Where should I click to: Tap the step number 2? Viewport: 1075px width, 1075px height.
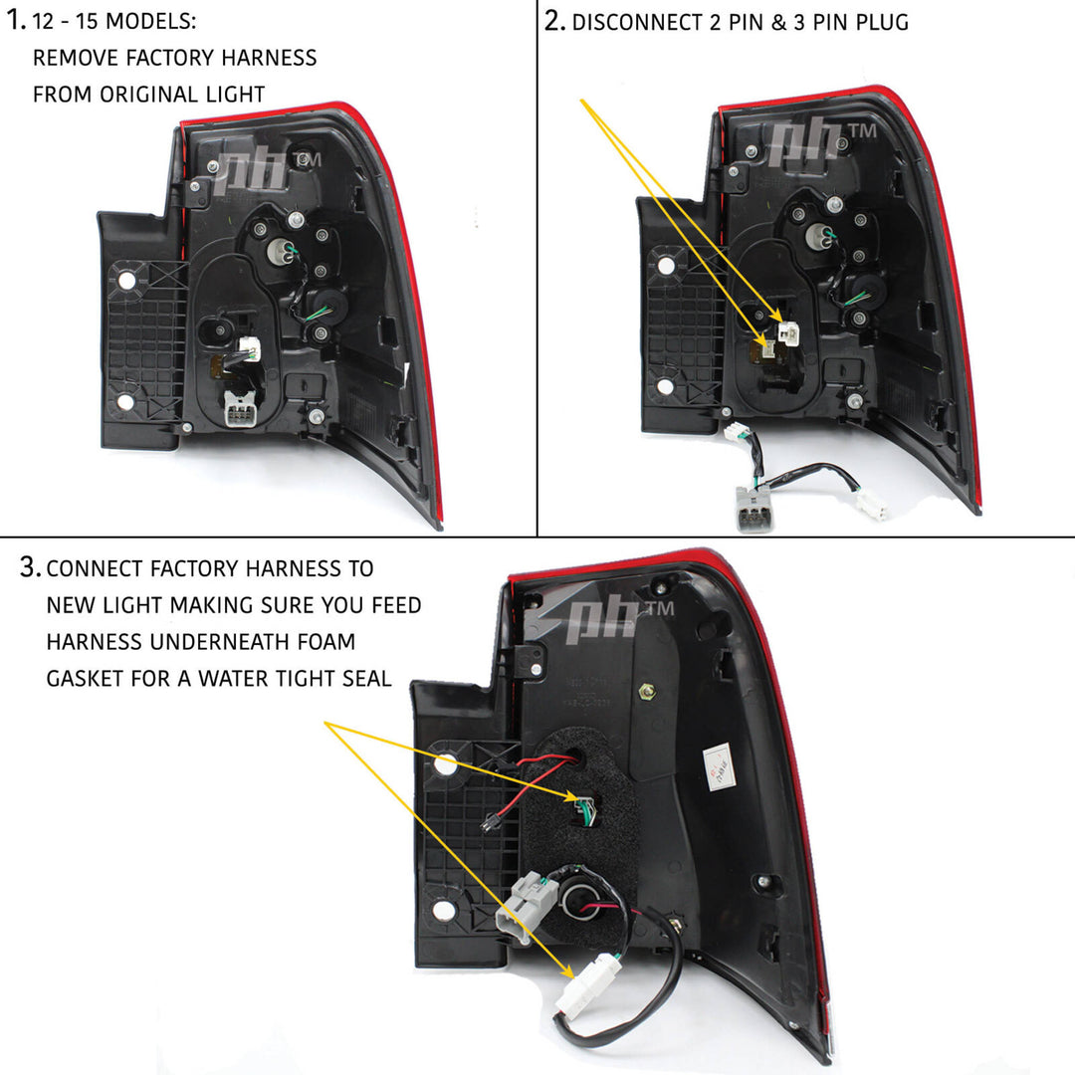pyautogui.click(x=554, y=21)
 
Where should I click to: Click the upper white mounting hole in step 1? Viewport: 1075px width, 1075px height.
pyautogui.click(x=127, y=281)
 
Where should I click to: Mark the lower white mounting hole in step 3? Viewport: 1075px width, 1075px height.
pyautogui.click(x=445, y=908)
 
